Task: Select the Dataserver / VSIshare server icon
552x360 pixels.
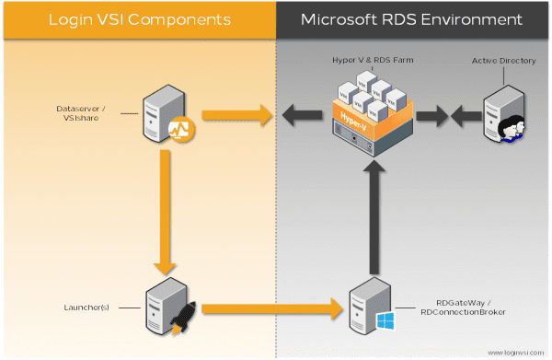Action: tap(161, 114)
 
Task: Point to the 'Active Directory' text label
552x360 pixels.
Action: tap(503, 61)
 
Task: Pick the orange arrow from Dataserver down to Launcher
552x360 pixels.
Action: tap(162, 212)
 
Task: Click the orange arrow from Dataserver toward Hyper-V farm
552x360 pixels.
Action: tap(235, 115)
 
